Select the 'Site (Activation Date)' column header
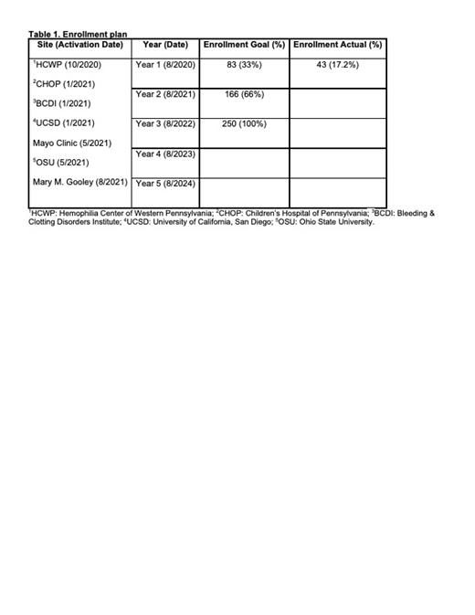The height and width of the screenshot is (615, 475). coord(80,45)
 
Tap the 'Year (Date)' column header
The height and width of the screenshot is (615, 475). coord(165,45)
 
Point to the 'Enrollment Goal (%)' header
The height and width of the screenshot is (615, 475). coord(244,45)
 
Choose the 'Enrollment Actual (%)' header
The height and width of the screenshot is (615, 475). coord(338,45)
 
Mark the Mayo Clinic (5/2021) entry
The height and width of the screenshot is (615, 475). coord(72,143)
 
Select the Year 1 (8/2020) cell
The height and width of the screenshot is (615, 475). coord(165,65)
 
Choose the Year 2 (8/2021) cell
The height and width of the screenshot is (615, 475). coord(165,94)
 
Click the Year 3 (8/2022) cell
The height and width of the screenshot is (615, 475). coord(165,123)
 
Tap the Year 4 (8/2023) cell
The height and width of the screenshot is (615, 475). coord(165,154)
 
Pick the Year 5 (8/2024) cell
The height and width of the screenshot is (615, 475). coord(165,183)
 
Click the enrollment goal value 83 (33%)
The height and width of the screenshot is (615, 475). coord(244,65)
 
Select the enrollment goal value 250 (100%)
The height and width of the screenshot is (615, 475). coord(244,123)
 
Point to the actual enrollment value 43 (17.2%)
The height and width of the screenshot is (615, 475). coord(337,65)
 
